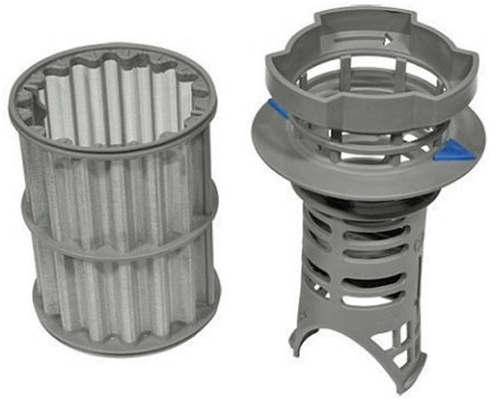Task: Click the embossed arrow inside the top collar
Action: click(x=388, y=37)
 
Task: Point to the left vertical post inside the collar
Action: click(x=320, y=89)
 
